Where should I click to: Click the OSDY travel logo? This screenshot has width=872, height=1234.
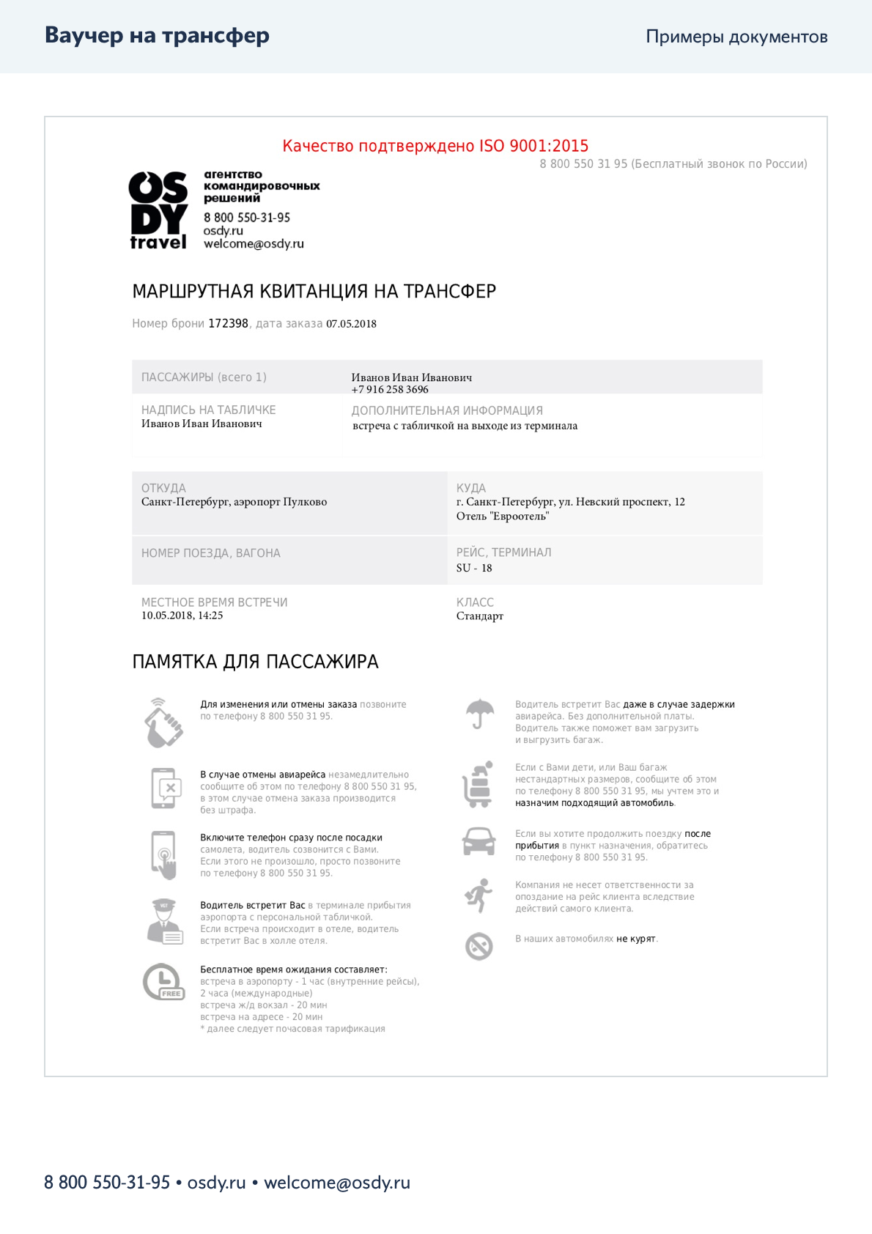(x=158, y=211)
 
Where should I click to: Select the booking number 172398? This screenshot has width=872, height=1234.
(x=228, y=323)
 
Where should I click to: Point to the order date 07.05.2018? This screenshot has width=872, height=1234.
(x=351, y=324)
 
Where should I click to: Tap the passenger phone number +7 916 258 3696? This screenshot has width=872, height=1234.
(x=389, y=390)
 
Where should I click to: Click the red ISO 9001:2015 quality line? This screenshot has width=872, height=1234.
(x=435, y=146)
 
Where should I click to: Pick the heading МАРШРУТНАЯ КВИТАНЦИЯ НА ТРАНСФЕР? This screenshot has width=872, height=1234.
(x=314, y=292)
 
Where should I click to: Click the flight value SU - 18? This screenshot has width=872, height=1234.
(x=474, y=568)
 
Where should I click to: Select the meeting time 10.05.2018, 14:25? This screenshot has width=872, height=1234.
(x=182, y=616)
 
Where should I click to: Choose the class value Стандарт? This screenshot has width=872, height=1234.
(x=479, y=616)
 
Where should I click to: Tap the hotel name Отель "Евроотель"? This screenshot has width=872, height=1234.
(x=502, y=517)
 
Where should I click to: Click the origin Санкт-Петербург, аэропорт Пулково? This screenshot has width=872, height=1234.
(x=234, y=502)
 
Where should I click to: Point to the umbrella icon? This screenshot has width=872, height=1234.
(x=479, y=713)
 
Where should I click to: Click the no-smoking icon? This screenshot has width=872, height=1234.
(x=479, y=946)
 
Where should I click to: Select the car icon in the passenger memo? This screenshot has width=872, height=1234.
(x=479, y=841)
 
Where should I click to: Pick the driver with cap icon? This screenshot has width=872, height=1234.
(x=163, y=920)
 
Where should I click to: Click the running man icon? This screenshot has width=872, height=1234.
(x=479, y=895)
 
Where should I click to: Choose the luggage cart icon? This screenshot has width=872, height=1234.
(x=478, y=785)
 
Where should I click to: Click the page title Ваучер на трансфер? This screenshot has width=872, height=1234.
(x=157, y=35)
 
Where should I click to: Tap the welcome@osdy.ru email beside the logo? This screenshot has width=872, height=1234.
(x=254, y=244)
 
